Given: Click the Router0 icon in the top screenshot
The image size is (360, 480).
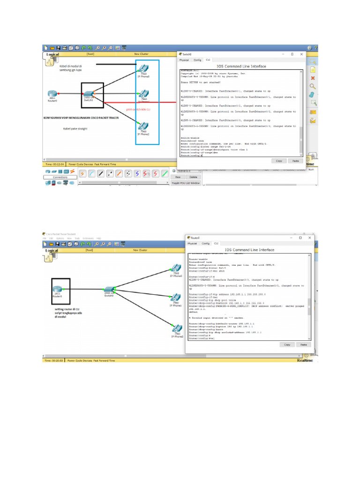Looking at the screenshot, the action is (52, 94).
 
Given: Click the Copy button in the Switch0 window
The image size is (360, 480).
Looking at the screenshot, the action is (279, 160).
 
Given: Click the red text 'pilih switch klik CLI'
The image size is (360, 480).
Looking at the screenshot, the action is (138, 109).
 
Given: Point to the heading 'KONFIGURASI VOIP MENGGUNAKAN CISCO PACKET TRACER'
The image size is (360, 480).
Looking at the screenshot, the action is (81, 118).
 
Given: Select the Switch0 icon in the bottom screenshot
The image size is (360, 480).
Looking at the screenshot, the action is (110, 291).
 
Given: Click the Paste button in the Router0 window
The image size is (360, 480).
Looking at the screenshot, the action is (303, 344).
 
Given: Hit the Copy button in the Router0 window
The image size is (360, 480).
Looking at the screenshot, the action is (287, 344).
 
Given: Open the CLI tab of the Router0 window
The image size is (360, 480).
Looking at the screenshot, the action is (216, 244).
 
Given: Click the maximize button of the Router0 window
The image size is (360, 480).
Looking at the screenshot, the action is (300, 238).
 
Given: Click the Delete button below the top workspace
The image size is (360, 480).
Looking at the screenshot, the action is (193, 177).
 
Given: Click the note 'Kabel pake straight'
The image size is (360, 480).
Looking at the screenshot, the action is (75, 128).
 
